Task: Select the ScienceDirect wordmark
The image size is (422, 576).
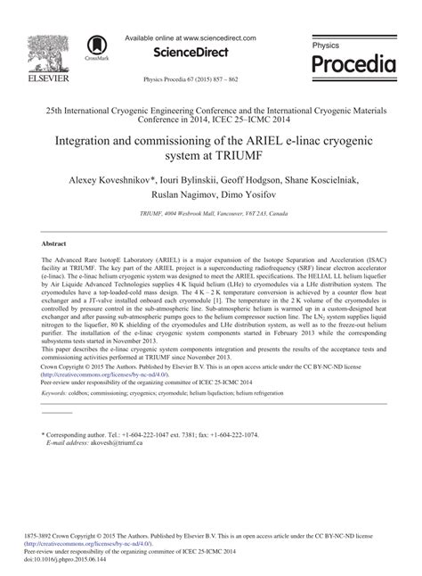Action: click(x=191, y=53)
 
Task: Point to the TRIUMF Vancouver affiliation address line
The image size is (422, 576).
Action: click(x=211, y=215)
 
